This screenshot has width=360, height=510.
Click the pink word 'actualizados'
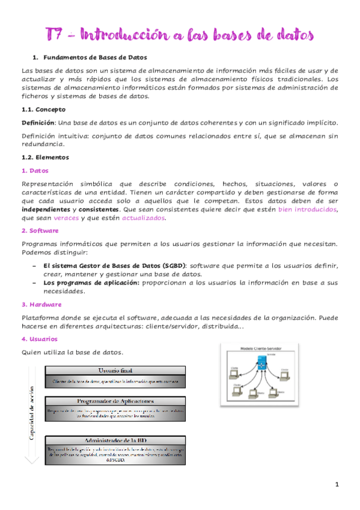[x=144, y=218]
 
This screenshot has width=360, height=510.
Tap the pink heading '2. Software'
[x=40, y=230]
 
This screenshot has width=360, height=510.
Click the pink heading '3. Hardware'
[x=41, y=304]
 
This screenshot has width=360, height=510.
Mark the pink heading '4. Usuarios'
[x=39, y=339]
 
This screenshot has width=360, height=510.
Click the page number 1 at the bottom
[x=337, y=484]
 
